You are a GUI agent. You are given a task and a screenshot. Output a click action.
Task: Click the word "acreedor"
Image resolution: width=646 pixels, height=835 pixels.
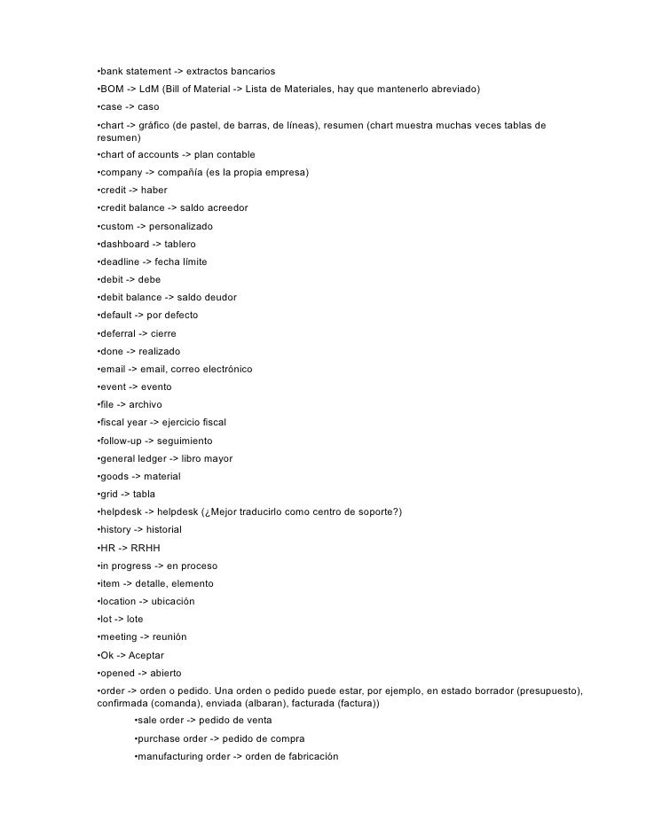[x=226, y=207]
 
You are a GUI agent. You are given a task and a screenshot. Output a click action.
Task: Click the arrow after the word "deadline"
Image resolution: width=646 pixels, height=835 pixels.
[x=146, y=261]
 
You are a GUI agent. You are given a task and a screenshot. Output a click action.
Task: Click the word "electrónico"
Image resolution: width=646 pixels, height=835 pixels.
[x=224, y=369]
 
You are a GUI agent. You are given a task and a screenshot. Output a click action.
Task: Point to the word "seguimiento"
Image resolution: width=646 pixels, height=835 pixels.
[x=184, y=441]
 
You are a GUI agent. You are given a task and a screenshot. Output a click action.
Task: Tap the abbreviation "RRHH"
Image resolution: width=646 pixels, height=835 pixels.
[x=145, y=548]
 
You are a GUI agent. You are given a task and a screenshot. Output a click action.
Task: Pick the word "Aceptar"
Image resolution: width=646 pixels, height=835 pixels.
[x=146, y=655]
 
